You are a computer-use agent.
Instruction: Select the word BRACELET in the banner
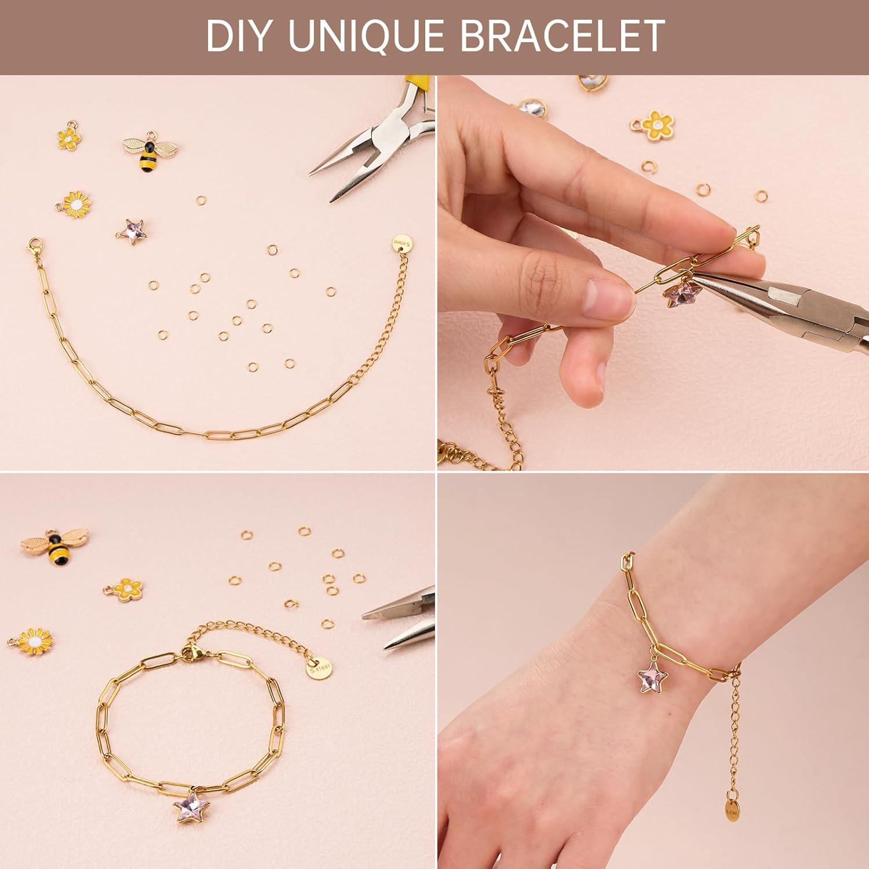point(562,36)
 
